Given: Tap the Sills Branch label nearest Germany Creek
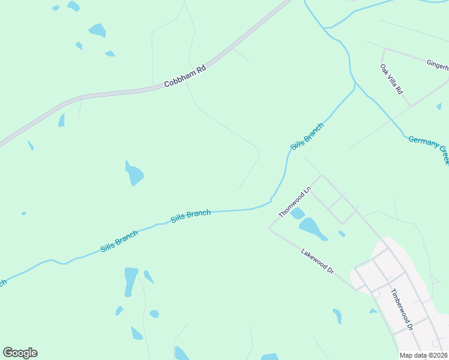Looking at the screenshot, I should pyautogui.click(x=307, y=137).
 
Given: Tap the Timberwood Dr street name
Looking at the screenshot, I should pyautogui.click(x=402, y=310).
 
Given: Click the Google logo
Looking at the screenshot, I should pyautogui.click(x=20, y=352).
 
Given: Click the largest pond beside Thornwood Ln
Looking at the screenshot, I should pyautogui.click(x=312, y=228).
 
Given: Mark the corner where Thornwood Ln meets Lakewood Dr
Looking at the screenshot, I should pyautogui.click(x=269, y=229).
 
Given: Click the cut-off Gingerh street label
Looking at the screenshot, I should pyautogui.click(x=437, y=64).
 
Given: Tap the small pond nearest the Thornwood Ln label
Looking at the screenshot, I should pyautogui.click(x=297, y=214).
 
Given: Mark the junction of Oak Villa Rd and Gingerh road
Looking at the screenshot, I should pyautogui.click(x=382, y=49).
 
